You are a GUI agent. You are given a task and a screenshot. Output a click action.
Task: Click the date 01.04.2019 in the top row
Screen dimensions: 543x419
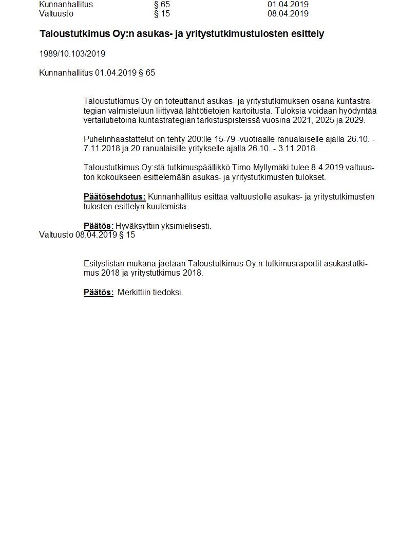pos(288,4)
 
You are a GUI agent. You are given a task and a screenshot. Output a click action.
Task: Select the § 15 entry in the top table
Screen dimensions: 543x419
pos(162,13)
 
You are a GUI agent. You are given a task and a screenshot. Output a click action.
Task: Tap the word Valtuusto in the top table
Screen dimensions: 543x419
pos(56,13)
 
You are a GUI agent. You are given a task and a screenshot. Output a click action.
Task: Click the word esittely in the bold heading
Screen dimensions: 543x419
pos(308,34)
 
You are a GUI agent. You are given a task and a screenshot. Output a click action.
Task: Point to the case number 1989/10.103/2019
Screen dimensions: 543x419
pos(72,53)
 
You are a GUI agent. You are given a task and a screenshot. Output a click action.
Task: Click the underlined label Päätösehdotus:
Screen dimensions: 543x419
pos(115,197)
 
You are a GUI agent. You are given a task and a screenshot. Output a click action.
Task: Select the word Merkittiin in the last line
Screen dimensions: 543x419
pos(135,293)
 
